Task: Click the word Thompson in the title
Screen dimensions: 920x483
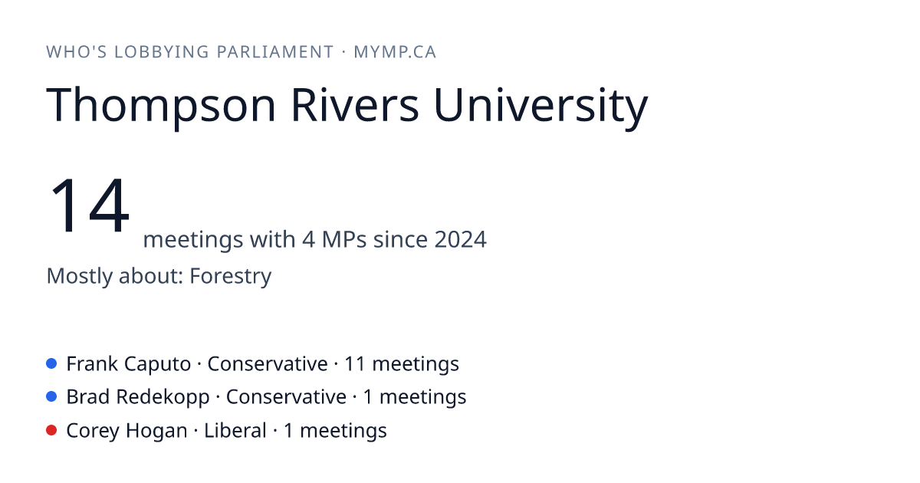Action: (160, 105)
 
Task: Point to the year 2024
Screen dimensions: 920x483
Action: (461, 239)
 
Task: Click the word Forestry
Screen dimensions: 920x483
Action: (231, 276)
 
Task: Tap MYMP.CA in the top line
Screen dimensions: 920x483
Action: (395, 52)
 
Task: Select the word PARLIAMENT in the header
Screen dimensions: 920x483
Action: (274, 52)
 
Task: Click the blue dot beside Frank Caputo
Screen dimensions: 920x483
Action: (51, 363)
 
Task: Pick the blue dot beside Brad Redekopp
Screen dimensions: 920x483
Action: (51, 397)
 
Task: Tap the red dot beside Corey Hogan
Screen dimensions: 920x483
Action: (51, 430)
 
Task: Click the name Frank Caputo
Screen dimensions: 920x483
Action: (129, 364)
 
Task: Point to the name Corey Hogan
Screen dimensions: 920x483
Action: (127, 431)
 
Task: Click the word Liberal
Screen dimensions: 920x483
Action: (235, 430)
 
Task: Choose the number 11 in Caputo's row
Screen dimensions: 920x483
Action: (355, 364)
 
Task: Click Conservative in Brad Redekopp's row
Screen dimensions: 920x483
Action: (286, 397)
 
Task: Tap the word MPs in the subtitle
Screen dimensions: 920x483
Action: (344, 239)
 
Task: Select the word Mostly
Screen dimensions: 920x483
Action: (79, 276)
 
